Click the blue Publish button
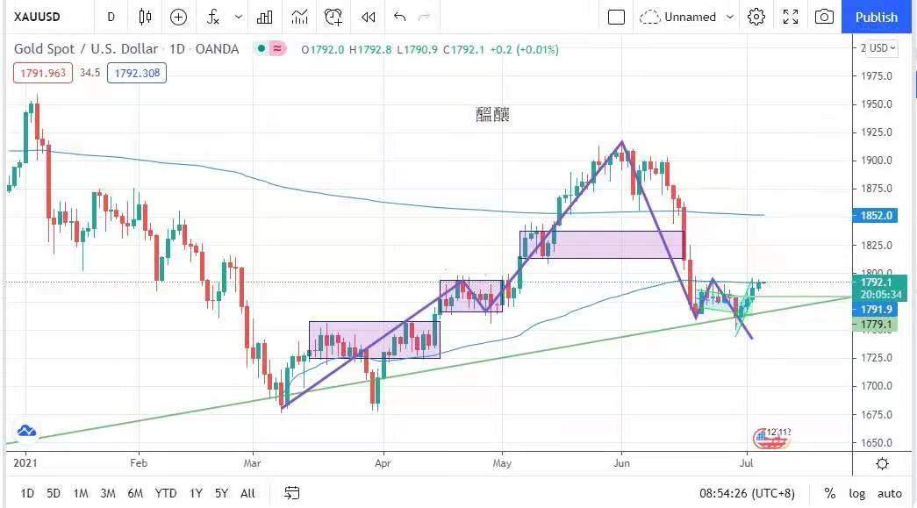[x=876, y=17]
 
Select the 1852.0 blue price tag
[x=878, y=215]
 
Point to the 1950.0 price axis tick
[x=877, y=104]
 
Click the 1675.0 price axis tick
[x=877, y=414]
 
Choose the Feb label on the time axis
[x=138, y=461]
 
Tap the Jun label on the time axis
[x=621, y=461]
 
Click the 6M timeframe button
[x=135, y=493]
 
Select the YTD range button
[x=165, y=493]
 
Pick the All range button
[x=247, y=493]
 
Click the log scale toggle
[x=856, y=493]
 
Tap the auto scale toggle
[x=889, y=493]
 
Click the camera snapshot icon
[x=824, y=17]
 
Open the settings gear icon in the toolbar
[x=756, y=17]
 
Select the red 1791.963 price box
[x=43, y=73]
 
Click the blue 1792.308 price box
[x=137, y=73]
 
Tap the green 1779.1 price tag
[x=878, y=325]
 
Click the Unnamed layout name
[x=690, y=17]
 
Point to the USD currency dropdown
[x=881, y=48]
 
